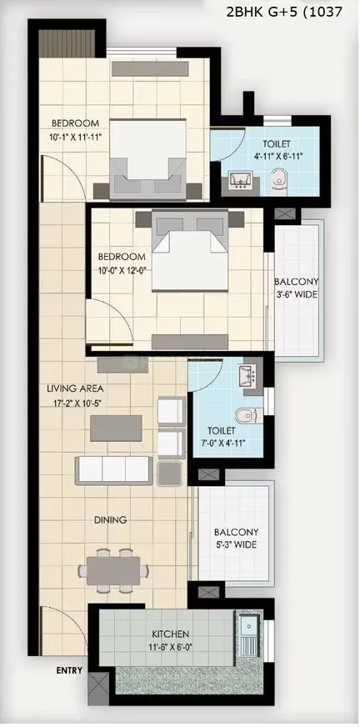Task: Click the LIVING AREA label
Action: point(69,389)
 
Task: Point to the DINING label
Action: point(110,519)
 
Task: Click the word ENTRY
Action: point(69,669)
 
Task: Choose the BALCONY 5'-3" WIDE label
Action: point(234,538)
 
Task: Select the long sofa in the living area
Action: point(114,470)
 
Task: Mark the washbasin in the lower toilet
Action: point(249,377)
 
